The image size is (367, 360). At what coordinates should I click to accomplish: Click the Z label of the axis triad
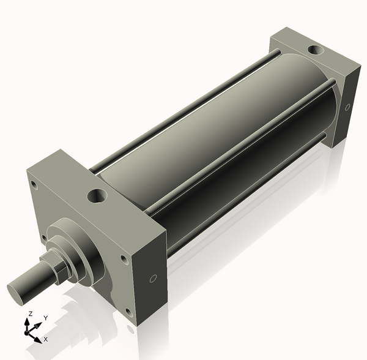coord(31,313)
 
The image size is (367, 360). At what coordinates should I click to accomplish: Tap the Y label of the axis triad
coord(45,318)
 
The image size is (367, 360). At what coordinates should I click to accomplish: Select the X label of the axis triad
coord(46,338)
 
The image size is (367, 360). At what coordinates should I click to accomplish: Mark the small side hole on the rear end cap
coord(347,108)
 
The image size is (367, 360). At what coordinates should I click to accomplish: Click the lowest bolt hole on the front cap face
coord(128,312)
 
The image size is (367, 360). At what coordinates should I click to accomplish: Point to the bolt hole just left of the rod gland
coord(44,238)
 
